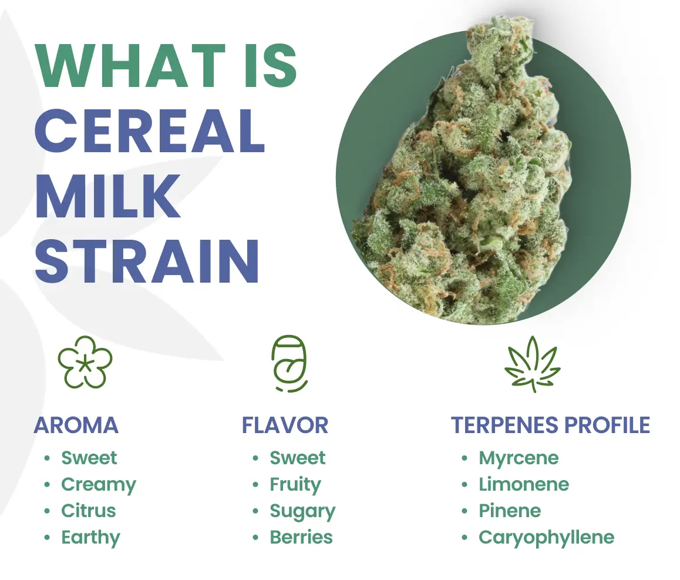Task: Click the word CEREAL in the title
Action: pyautogui.click(x=150, y=131)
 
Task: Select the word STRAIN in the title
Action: pyautogui.click(x=147, y=261)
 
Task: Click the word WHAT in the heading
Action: pyautogui.click(x=130, y=66)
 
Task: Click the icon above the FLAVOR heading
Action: pyautogui.click(x=289, y=364)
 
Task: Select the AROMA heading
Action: pyautogui.click(x=76, y=425)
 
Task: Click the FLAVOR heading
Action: pyautogui.click(x=285, y=425)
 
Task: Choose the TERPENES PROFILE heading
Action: pyautogui.click(x=551, y=425)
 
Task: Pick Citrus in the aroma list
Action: pyautogui.click(x=89, y=511)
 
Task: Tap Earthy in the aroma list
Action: pyautogui.click(x=90, y=538)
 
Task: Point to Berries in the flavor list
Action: pyautogui.click(x=301, y=538)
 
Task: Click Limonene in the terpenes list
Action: pyautogui.click(x=524, y=484)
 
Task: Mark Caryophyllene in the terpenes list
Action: pyautogui.click(x=547, y=538)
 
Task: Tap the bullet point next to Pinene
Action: pyautogui.click(x=464, y=511)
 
